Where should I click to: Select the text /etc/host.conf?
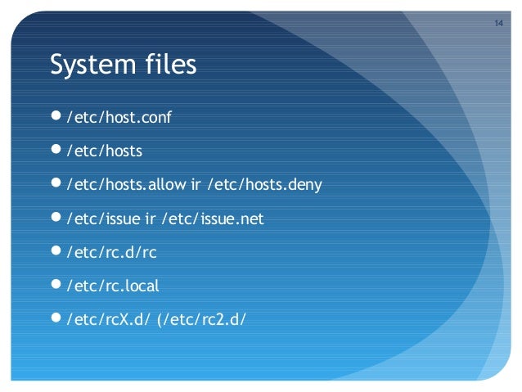(118, 118)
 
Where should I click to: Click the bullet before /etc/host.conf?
(56, 117)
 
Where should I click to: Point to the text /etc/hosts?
(104, 151)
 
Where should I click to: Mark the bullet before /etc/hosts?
(56, 151)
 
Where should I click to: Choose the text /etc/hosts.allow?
(128, 185)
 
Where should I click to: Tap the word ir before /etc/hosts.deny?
(196, 185)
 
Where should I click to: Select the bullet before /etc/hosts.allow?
(56, 184)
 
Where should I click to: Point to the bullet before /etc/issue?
(56, 219)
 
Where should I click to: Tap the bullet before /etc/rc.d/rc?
(56, 252)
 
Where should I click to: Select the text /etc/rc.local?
(113, 286)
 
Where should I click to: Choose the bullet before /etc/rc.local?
(56, 286)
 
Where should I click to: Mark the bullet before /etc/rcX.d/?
(56, 319)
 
